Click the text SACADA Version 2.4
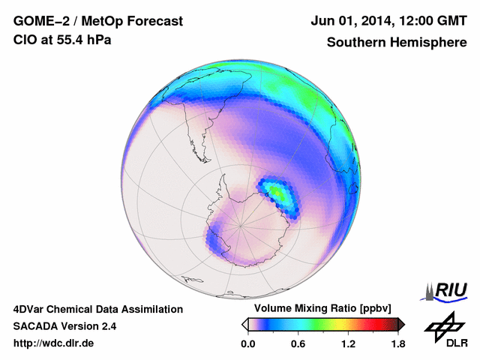[x=64, y=326]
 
